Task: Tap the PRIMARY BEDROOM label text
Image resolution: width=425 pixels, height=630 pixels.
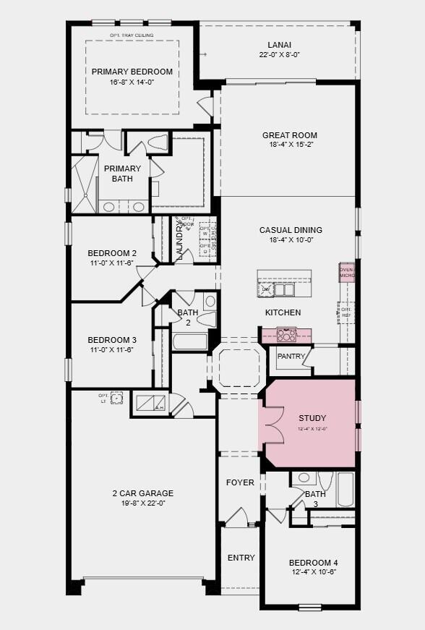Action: [132, 72]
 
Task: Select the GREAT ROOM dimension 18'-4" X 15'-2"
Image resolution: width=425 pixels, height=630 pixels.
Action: [289, 145]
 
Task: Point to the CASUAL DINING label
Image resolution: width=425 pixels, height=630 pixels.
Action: [291, 230]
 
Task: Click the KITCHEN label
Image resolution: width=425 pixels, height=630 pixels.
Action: [283, 312]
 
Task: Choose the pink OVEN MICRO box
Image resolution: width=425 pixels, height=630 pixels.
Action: [347, 273]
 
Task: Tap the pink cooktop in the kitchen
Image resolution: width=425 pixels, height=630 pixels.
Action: [286, 334]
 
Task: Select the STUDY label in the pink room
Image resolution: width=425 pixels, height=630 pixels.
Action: [312, 418]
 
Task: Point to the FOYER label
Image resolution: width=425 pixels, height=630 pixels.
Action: [240, 482]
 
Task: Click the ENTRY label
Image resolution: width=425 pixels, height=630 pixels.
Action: [241, 558]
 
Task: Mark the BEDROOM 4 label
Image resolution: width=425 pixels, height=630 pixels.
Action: [313, 563]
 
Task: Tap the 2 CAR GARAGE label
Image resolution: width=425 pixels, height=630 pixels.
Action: [142, 493]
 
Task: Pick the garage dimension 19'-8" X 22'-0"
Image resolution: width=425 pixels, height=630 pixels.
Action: [142, 503]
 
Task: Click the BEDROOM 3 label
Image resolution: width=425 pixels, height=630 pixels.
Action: [112, 340]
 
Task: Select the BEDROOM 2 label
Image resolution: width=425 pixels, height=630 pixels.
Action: [112, 253]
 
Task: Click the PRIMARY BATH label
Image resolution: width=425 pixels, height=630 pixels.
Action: [122, 174]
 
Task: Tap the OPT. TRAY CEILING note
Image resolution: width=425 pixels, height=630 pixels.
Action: [132, 35]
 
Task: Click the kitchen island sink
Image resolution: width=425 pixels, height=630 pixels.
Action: [283, 289]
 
